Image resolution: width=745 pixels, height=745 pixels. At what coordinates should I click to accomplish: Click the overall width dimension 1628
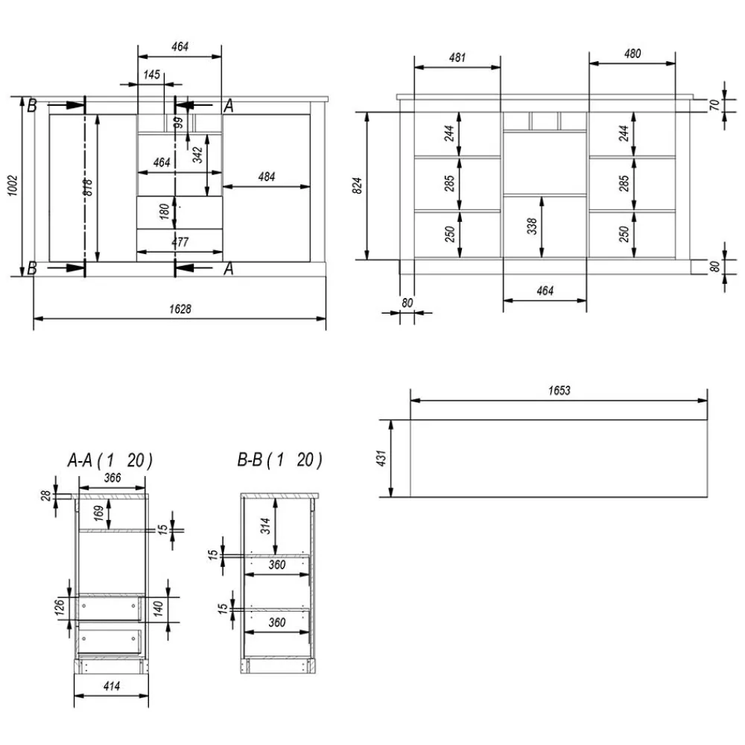coord(180,309)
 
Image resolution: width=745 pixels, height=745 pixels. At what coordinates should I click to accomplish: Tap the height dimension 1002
coord(13,186)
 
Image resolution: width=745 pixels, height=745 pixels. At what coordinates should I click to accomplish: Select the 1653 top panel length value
coord(559,390)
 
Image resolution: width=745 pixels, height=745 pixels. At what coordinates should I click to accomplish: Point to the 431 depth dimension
coord(381,458)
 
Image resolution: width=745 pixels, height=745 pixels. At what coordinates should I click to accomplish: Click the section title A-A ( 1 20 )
coord(110,460)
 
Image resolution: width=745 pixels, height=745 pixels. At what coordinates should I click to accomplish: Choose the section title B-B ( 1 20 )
coord(280,460)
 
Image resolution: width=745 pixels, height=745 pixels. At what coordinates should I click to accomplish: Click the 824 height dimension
coord(358,186)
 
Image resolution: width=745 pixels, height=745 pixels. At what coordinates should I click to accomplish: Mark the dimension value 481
coord(457,57)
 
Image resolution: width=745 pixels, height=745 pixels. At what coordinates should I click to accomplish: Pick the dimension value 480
coord(633,54)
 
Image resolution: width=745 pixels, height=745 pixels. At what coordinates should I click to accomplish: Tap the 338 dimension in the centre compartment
coord(532,226)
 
